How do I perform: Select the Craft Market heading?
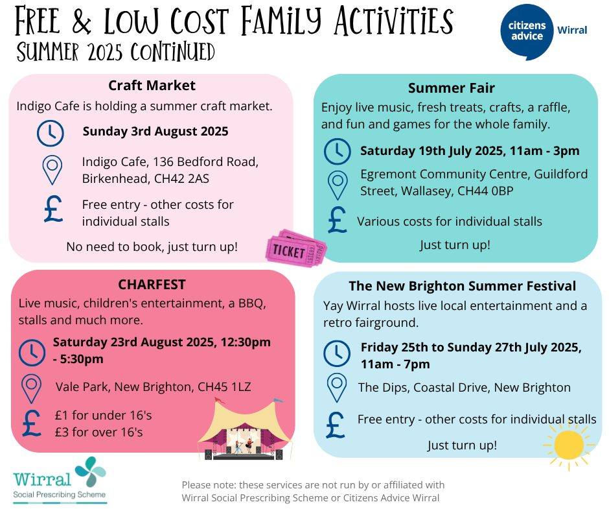pyautogui.click(x=152, y=86)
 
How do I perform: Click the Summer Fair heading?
pyautogui.click(x=452, y=88)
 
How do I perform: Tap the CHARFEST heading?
pyautogui.click(x=152, y=284)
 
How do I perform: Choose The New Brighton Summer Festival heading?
pyautogui.click(x=462, y=286)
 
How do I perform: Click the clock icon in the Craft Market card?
pyautogui.click(x=51, y=133)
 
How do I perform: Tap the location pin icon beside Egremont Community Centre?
pyautogui.click(x=338, y=185)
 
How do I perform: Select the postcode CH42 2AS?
pyautogui.click(x=181, y=178)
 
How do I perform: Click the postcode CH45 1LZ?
pyautogui.click(x=224, y=387)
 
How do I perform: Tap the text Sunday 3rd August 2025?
pyautogui.click(x=155, y=131)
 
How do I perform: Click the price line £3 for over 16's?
pyautogui.click(x=98, y=432)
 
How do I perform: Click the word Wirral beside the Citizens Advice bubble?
pyautogui.click(x=572, y=30)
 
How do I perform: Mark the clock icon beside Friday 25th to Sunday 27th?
pyautogui.click(x=337, y=353)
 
